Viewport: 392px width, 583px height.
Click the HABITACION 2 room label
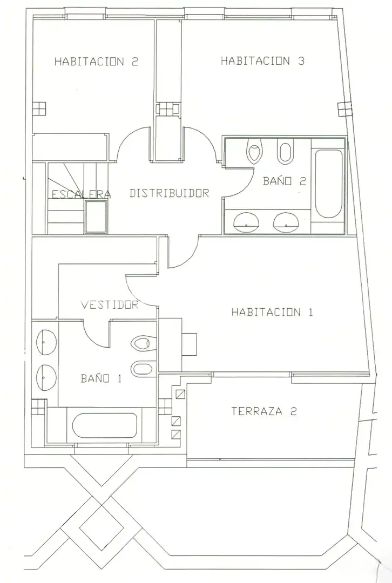[96, 62]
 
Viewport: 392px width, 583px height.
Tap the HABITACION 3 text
[262, 60]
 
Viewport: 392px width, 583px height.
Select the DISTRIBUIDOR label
[169, 193]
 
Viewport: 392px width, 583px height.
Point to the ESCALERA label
[81, 194]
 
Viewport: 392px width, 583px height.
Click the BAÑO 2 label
[285, 181]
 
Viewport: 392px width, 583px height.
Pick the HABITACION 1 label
[272, 311]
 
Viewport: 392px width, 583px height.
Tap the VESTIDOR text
[110, 305]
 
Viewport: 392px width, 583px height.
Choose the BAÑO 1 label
[101, 378]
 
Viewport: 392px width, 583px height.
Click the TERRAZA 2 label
[264, 411]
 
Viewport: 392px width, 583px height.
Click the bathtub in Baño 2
[328, 184]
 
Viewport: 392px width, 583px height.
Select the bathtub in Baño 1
[105, 425]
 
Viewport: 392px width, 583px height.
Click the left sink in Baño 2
[246, 221]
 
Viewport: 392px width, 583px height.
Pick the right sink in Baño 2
[286, 221]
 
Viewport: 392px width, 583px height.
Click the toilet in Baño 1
[144, 343]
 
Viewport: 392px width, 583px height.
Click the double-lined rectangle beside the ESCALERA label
[96, 217]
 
